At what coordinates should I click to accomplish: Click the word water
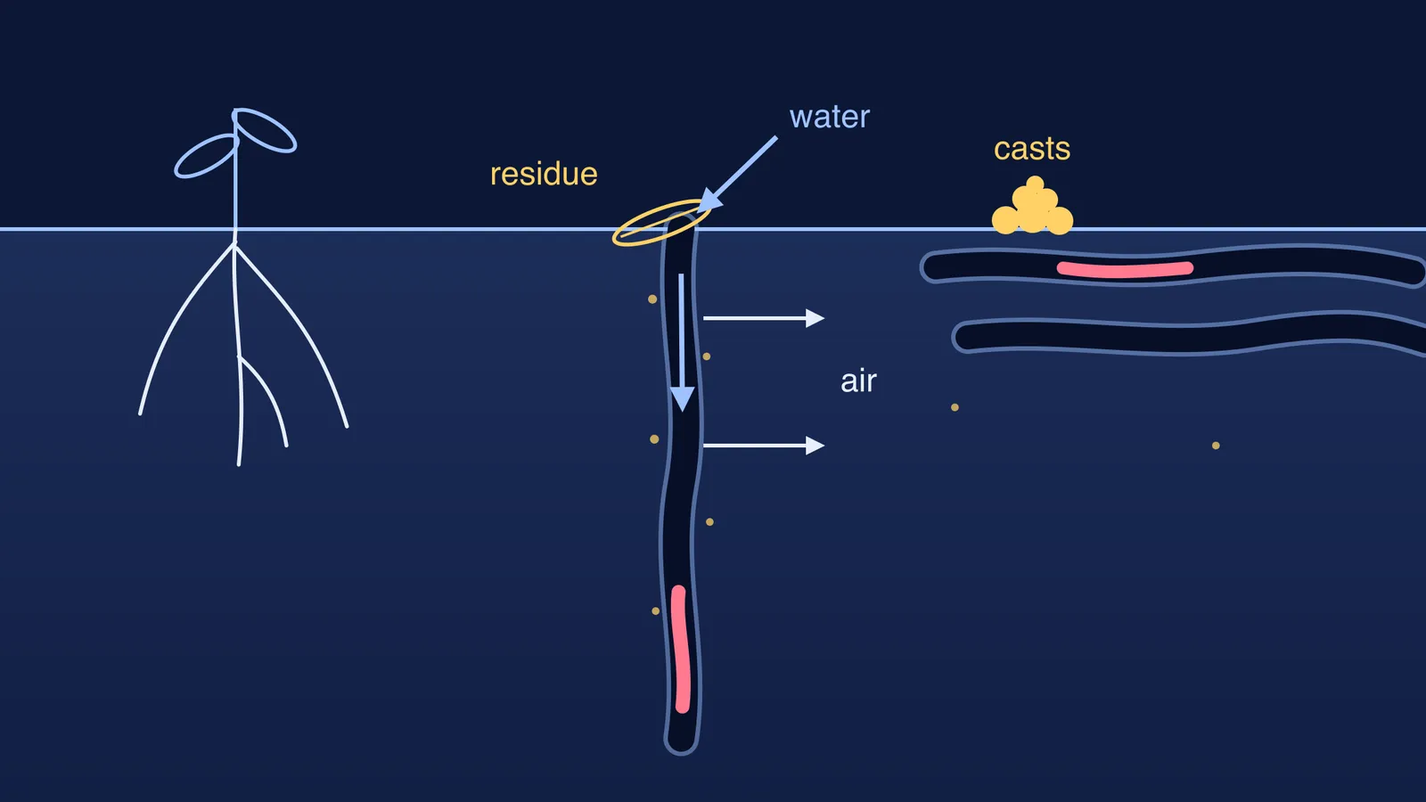(829, 117)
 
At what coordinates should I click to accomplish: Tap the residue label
(544, 174)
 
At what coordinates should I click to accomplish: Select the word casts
(1032, 149)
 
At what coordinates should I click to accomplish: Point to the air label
(858, 381)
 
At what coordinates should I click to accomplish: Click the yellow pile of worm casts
(1033, 207)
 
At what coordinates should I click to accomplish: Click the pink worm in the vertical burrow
(681, 650)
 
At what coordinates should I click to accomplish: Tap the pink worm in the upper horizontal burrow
(1125, 269)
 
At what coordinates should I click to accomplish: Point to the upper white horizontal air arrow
(764, 317)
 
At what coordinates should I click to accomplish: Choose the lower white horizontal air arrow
(764, 446)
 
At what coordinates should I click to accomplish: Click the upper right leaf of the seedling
(265, 130)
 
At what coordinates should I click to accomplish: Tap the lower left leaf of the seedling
(206, 156)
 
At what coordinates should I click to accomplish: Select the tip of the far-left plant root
(140, 414)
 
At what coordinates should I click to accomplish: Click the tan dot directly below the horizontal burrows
(955, 407)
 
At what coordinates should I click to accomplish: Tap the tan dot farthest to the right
(1216, 446)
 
